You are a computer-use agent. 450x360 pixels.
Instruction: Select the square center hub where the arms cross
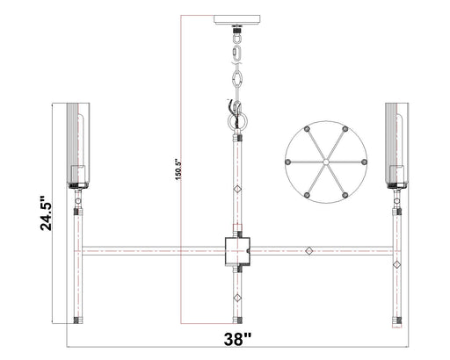pos(236,250)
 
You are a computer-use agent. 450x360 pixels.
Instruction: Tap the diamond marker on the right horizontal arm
pos(308,251)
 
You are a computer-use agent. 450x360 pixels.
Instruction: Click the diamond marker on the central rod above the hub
pos(236,189)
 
